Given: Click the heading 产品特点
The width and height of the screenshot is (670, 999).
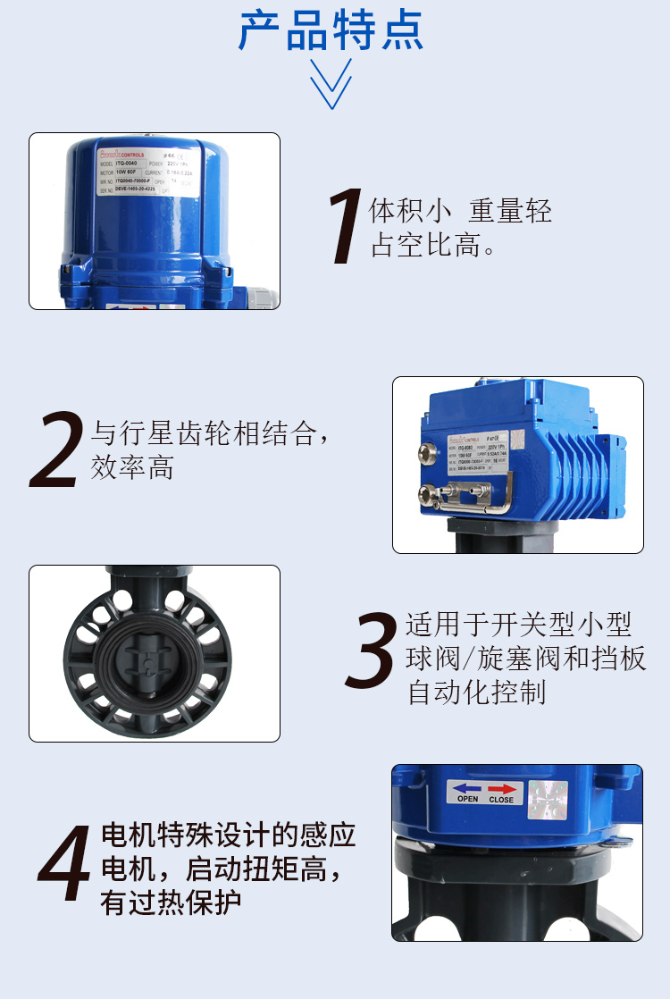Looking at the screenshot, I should point(331,30).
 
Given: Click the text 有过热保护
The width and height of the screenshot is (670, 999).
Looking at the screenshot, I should point(172,902).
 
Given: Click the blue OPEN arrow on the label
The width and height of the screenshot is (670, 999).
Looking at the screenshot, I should point(467,788).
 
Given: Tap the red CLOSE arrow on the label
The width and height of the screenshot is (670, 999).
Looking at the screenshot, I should point(501,788).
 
